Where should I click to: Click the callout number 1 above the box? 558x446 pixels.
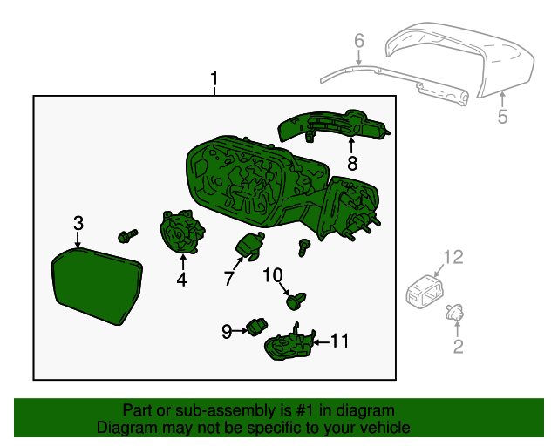click(214, 82)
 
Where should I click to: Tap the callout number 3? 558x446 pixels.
click(78, 223)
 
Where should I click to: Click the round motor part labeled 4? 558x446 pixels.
click(181, 233)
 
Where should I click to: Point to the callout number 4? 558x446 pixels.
click(181, 280)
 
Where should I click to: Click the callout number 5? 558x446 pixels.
click(502, 116)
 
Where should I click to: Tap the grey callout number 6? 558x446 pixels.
click(358, 42)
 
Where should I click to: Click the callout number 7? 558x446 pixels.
click(228, 279)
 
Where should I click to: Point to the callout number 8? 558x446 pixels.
click(352, 163)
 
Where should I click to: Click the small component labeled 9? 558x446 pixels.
click(256, 327)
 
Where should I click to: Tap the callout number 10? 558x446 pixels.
click(273, 275)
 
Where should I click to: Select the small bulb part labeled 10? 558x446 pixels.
click(296, 302)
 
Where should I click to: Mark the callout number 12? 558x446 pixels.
click(453, 256)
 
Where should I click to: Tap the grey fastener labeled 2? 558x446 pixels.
click(455, 311)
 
